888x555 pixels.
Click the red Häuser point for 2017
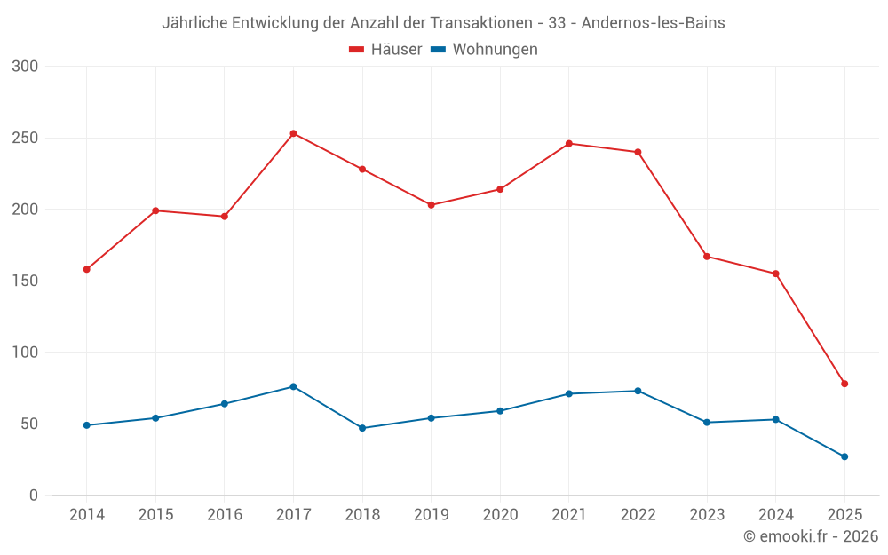293,133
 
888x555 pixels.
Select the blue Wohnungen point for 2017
293,386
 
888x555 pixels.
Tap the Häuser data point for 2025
844,384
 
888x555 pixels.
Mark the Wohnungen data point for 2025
844,456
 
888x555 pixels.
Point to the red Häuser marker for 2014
86,269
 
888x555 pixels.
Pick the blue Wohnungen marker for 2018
362,428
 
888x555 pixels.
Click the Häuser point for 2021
569,143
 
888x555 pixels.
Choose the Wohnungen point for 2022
638,391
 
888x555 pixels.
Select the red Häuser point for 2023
707,257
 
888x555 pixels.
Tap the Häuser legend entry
385,50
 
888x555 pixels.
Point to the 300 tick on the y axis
26,67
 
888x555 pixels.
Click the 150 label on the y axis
26,281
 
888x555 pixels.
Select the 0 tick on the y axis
34,496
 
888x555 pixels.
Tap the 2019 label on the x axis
431,515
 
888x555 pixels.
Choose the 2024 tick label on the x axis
775,515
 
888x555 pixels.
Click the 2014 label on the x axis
86,515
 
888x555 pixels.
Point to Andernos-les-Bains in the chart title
653,23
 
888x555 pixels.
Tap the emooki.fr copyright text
811,536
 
